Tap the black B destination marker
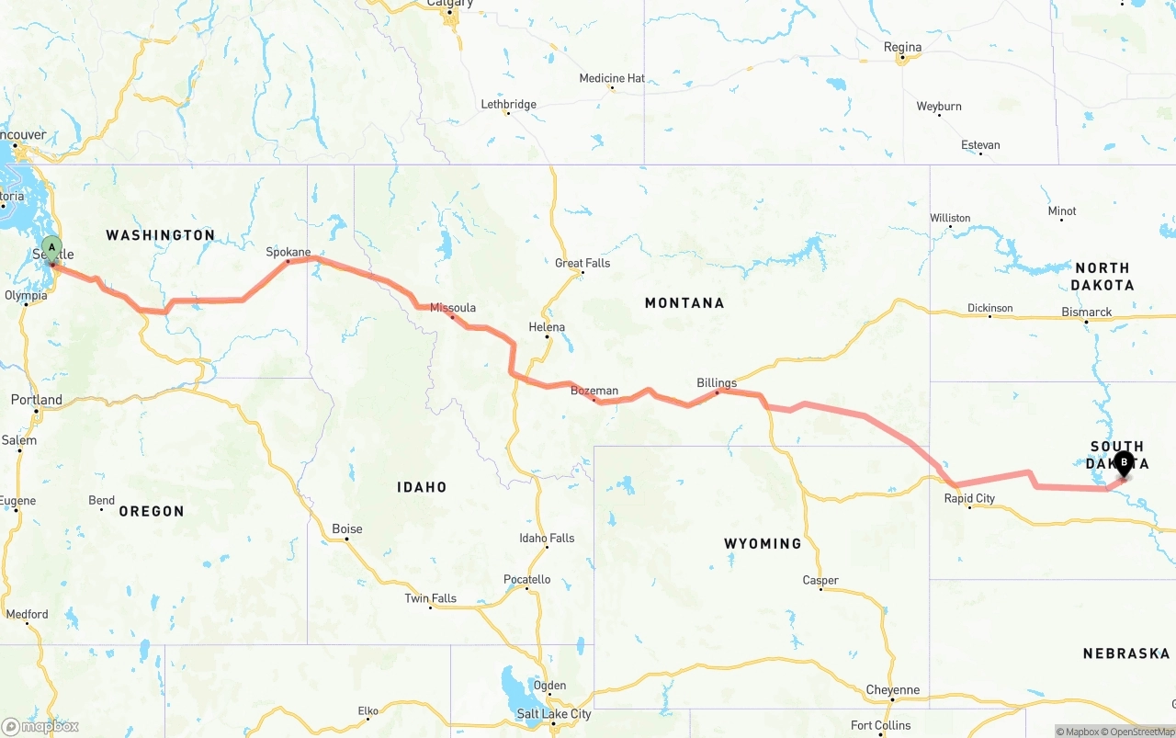(1123, 463)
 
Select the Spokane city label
(288, 252)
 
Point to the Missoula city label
(453, 308)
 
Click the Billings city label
(717, 382)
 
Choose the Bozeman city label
(594, 391)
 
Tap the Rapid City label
(969, 498)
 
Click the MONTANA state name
(684, 302)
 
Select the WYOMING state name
(763, 543)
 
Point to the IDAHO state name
(422, 487)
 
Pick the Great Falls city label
(582, 263)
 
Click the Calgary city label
(450, 4)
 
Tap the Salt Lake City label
(554, 714)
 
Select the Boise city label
(347, 528)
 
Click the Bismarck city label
(1087, 312)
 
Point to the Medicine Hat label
(612, 78)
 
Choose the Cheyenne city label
(892, 689)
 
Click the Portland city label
(37, 400)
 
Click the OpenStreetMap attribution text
(1141, 732)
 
